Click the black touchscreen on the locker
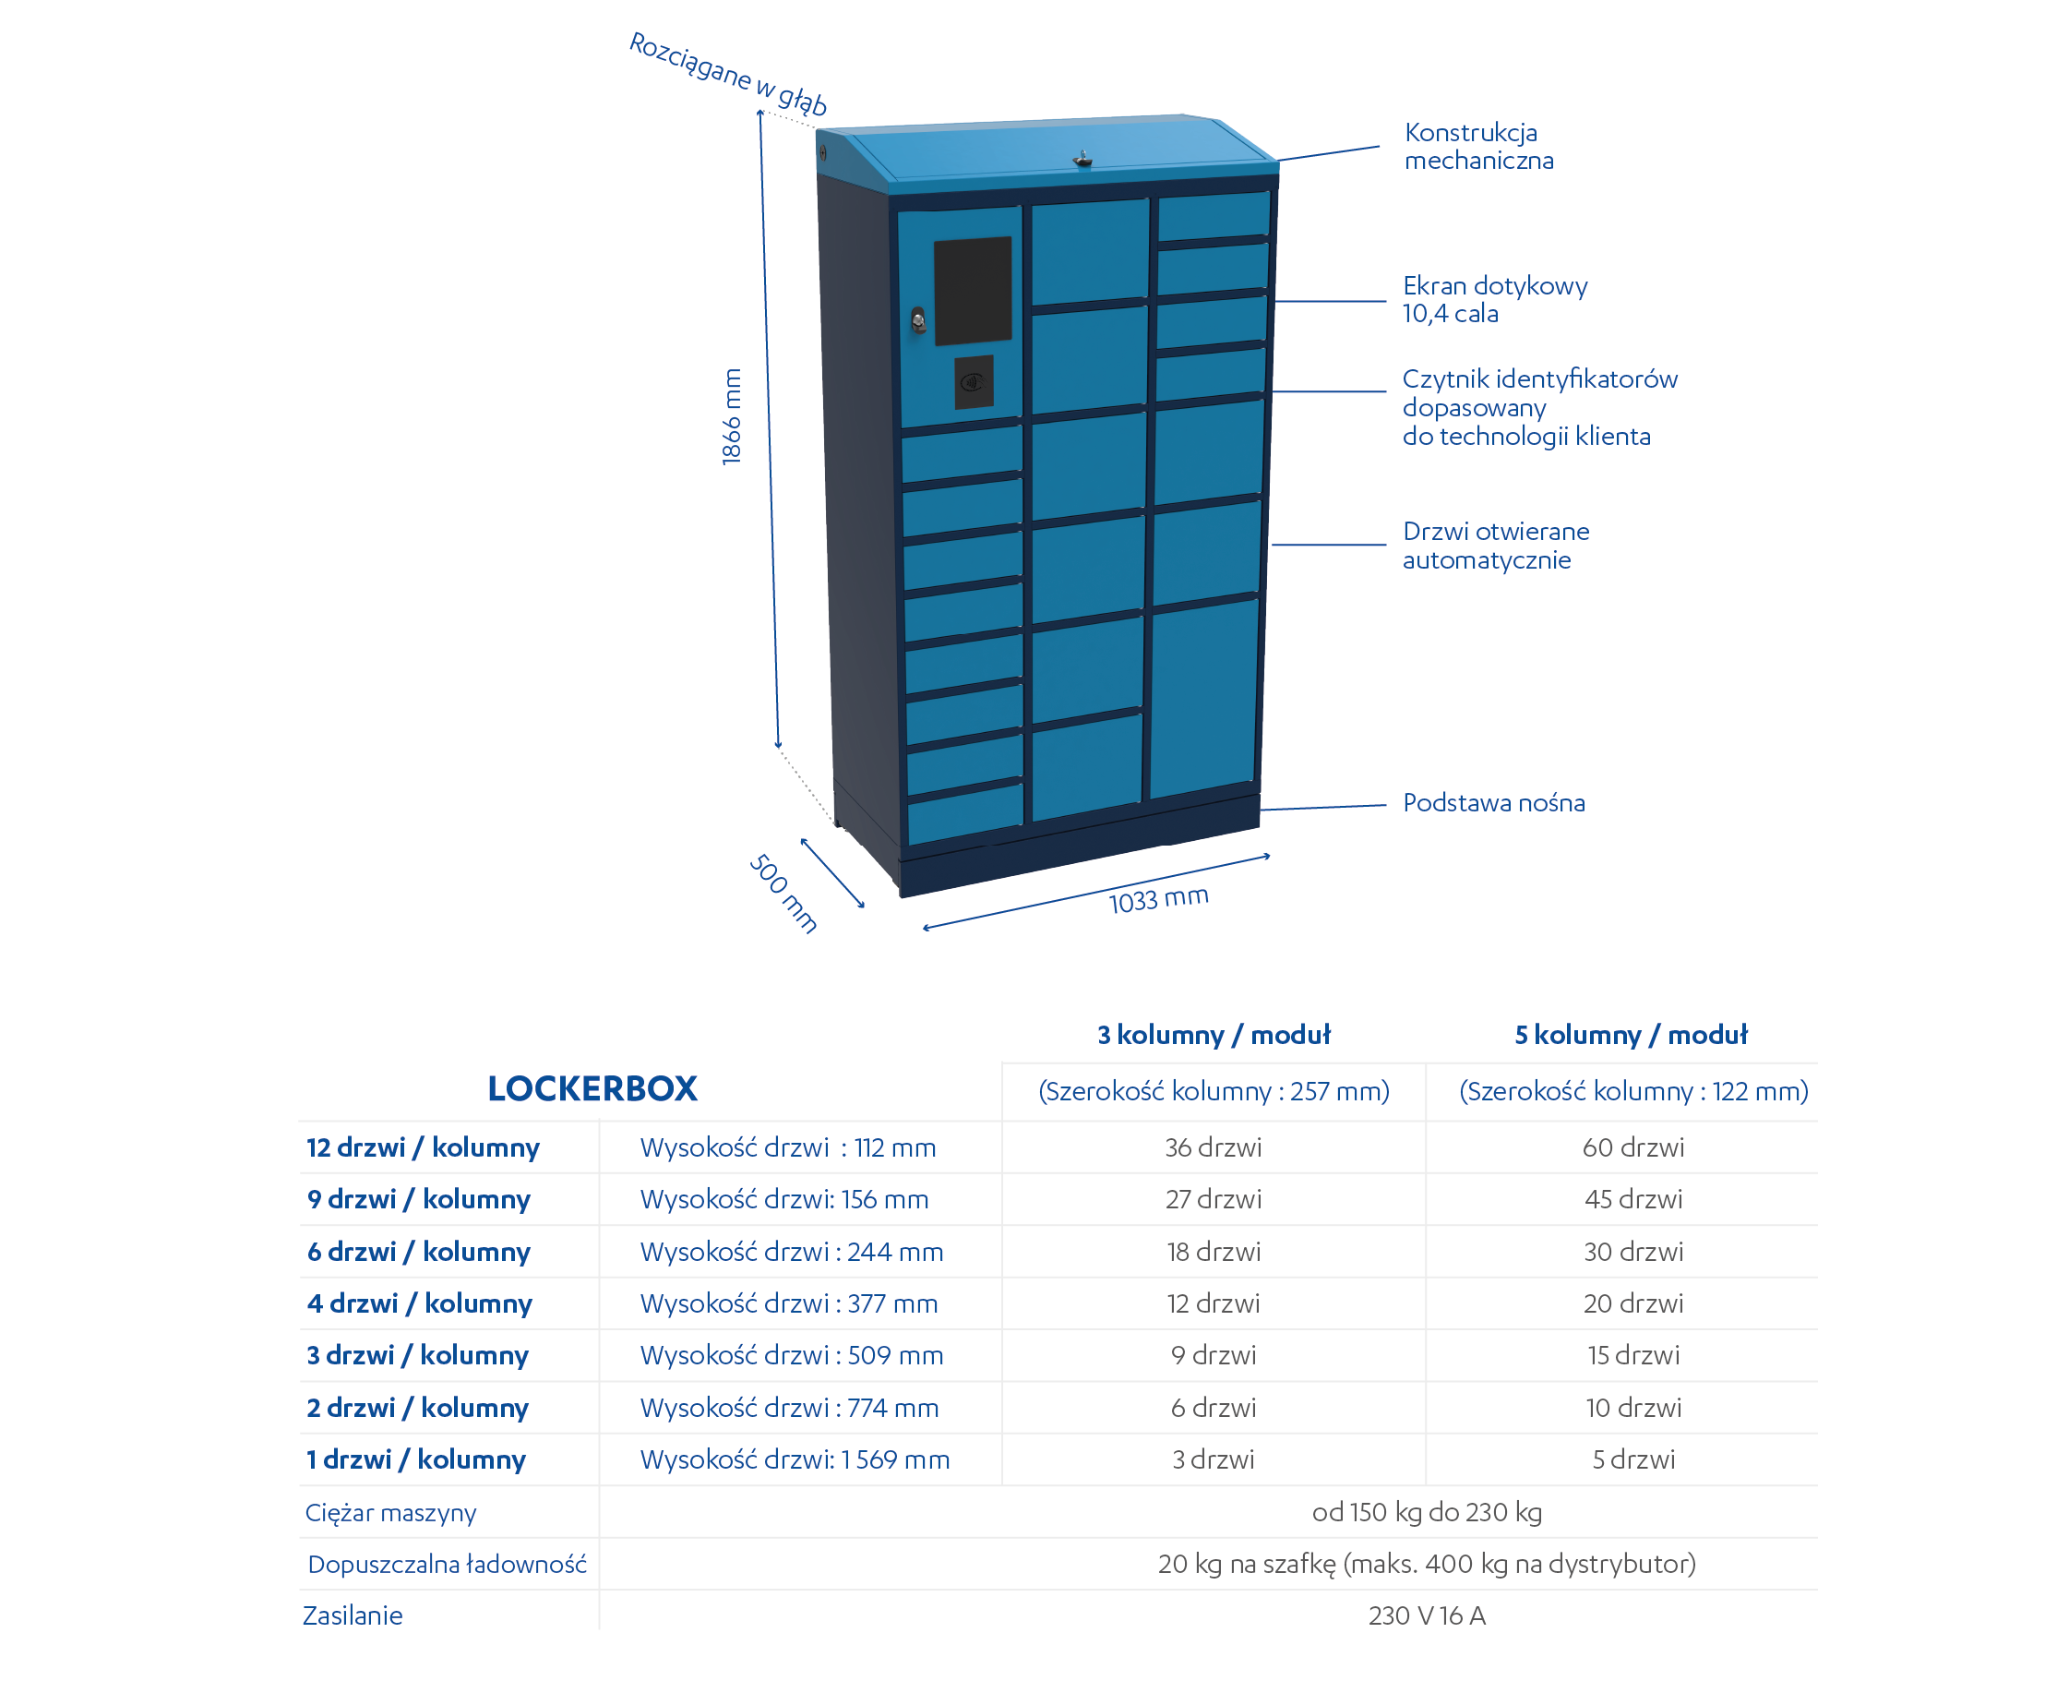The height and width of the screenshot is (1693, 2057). (x=973, y=291)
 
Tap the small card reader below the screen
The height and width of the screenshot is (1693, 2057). (x=974, y=381)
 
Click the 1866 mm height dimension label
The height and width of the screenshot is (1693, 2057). (x=731, y=416)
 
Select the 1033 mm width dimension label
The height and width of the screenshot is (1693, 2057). (x=1158, y=898)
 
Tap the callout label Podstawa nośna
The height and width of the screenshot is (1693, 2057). (x=1493, y=802)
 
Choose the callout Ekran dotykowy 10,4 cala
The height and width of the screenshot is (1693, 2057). (x=1494, y=299)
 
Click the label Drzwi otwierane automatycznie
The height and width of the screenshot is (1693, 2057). (x=1496, y=546)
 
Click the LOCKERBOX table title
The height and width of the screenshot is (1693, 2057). (x=592, y=1088)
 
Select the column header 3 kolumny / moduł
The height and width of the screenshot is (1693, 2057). (x=1214, y=1035)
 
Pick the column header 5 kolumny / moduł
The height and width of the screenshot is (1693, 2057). (x=1631, y=1035)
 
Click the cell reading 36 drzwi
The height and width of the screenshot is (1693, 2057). (x=1214, y=1147)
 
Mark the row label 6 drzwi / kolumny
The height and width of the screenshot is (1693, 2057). (x=419, y=1251)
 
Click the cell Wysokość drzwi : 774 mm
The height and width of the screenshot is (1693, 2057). (x=790, y=1407)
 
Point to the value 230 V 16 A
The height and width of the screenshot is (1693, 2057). (x=1427, y=1616)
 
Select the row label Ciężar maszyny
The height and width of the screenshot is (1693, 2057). (x=391, y=1513)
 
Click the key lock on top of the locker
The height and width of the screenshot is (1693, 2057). (x=1082, y=159)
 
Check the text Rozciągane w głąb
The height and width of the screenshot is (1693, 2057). (x=728, y=74)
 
